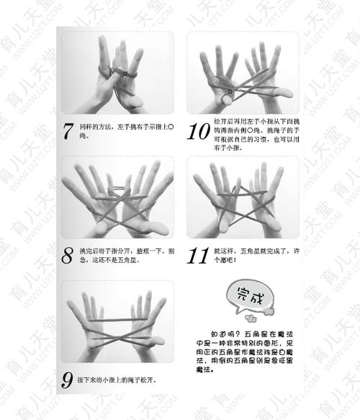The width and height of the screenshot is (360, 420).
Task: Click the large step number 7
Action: point(68,131)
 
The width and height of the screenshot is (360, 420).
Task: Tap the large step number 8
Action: point(68,255)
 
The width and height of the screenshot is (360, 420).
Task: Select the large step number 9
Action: point(68,378)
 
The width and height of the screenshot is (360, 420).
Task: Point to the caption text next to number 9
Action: point(118,379)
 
